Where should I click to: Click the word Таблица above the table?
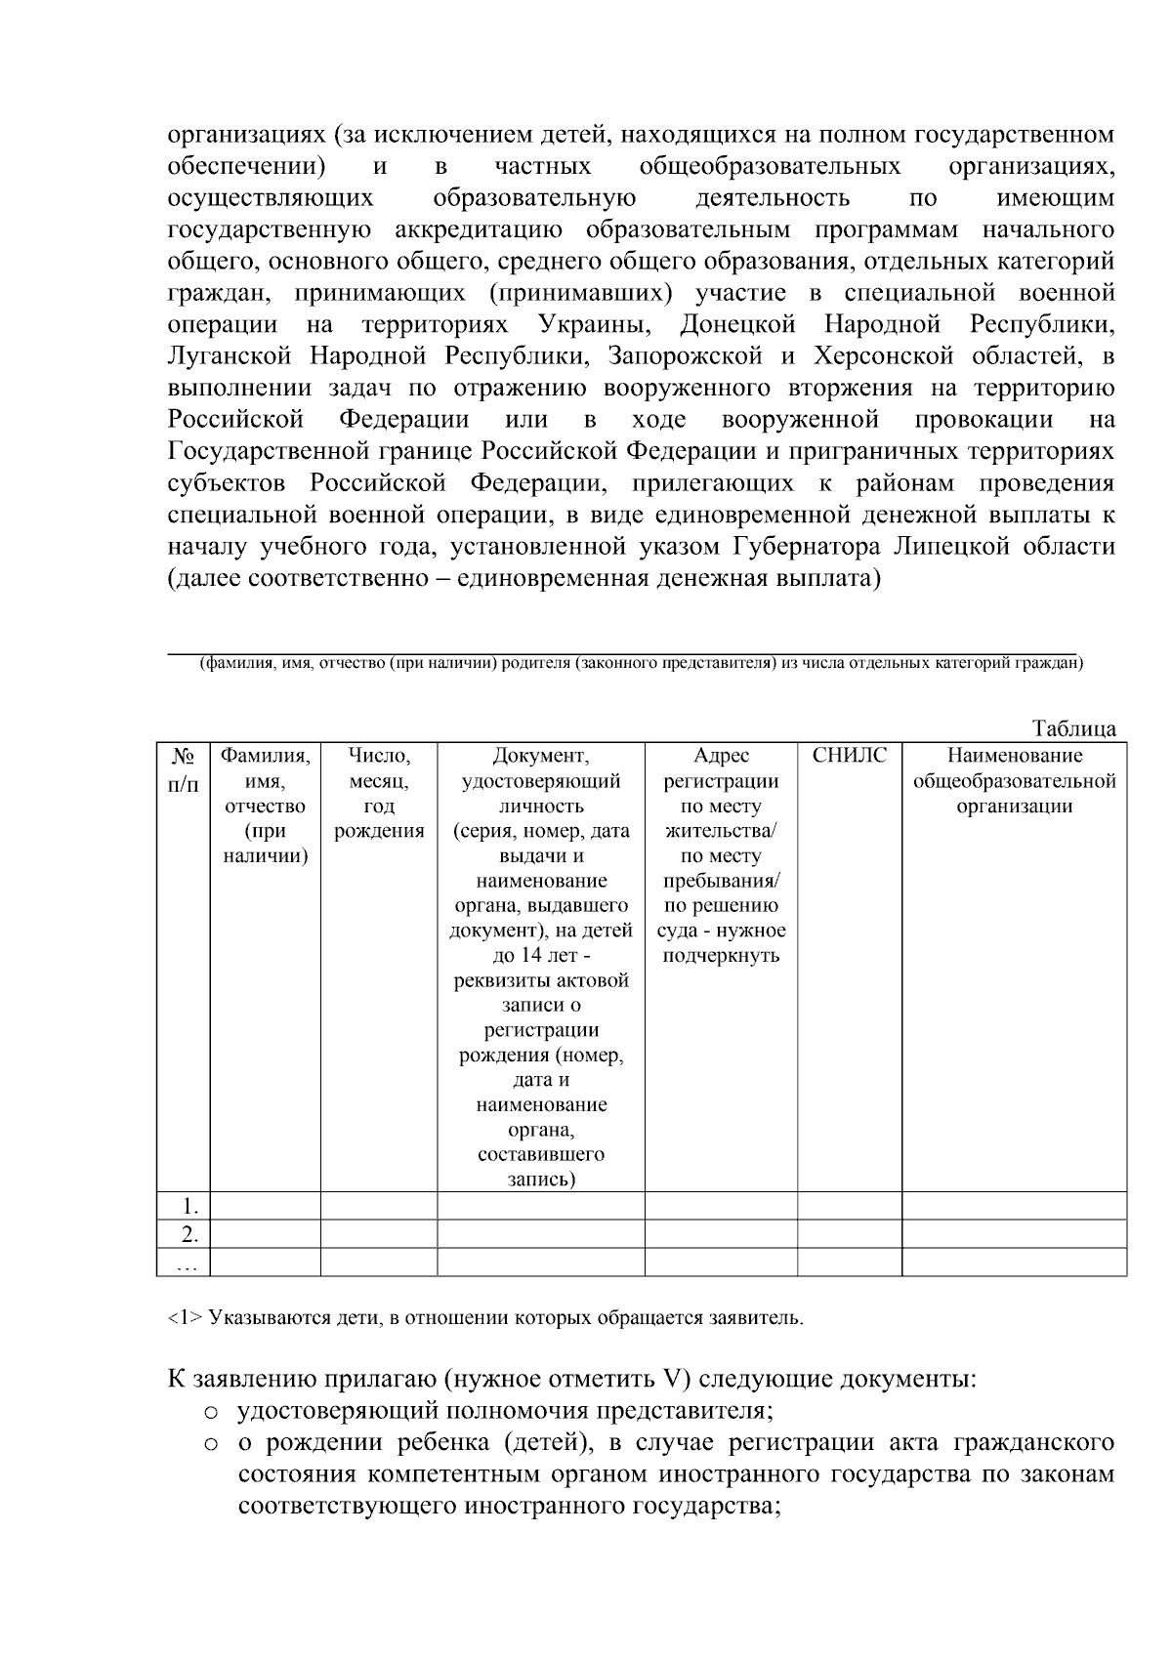pos(1073,729)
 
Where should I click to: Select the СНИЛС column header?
pos(849,756)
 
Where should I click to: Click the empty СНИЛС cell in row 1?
pos(849,1206)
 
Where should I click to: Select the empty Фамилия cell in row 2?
pos(265,1234)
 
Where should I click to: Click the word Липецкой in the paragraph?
pos(961,546)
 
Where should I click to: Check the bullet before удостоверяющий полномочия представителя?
pos(210,1412)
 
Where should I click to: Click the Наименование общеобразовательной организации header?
pos(1014,780)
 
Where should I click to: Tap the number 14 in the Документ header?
pos(533,955)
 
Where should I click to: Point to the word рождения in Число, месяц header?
pos(378,831)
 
